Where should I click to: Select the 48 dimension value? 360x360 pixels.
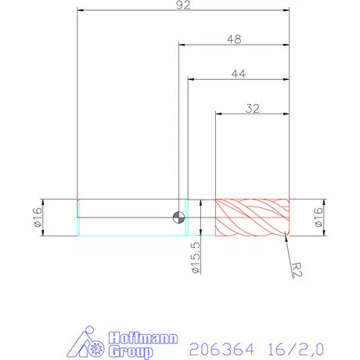pyautogui.click(x=233, y=38)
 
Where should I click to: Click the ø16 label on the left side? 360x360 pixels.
pyautogui.click(x=37, y=217)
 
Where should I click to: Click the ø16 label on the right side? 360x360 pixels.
pyautogui.click(x=318, y=217)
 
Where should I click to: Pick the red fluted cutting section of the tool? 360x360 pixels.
pyautogui.click(x=252, y=217)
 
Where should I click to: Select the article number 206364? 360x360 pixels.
pyautogui.click(x=213, y=344)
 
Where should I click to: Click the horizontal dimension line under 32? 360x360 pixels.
pyautogui.click(x=252, y=114)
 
